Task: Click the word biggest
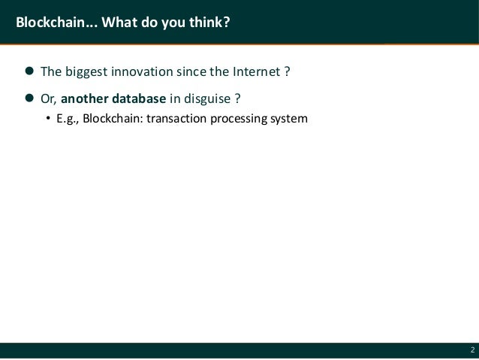86,73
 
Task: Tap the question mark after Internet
287,73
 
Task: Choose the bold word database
139,98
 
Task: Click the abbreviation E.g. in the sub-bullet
68,118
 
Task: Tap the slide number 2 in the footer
471,350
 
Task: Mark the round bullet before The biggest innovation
30,73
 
